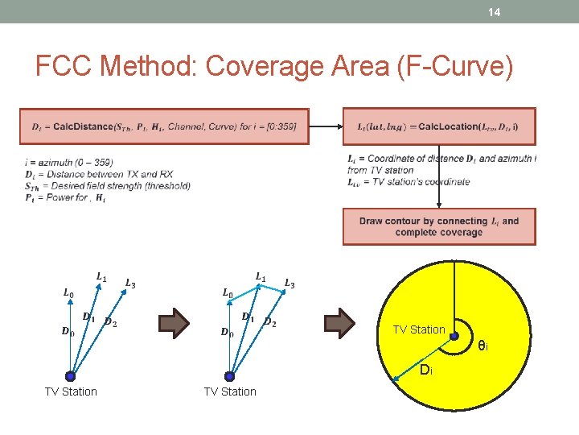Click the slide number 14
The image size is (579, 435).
[495, 12]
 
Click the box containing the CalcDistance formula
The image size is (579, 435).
[164, 126]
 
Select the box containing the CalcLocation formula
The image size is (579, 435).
[439, 126]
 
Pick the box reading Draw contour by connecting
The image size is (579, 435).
[439, 226]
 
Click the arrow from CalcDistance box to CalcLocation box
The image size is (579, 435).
[326, 126]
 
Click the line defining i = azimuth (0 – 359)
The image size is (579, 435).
[69, 163]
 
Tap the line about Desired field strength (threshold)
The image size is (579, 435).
[108, 185]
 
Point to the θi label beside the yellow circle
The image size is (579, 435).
[482, 346]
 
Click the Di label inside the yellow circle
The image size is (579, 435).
[425, 371]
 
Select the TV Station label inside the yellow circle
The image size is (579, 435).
[418, 329]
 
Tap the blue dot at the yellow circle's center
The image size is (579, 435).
[454, 336]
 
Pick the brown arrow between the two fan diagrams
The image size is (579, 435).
[173, 324]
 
